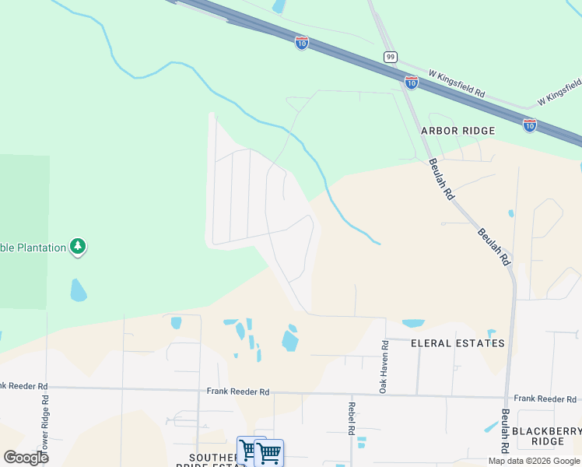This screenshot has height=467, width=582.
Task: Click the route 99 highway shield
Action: (391, 57)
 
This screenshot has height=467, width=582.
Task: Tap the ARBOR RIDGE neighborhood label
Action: (458, 131)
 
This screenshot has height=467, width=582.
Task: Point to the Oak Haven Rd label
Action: (384, 366)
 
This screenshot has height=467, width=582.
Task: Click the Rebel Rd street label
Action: (352, 419)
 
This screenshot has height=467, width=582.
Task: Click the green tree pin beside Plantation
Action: (77, 247)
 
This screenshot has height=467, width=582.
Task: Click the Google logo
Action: (26, 457)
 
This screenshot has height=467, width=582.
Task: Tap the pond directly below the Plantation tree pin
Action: (78, 290)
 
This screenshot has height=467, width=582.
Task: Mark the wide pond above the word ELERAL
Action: (412, 323)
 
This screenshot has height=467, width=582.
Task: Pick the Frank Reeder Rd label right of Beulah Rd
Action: (545, 399)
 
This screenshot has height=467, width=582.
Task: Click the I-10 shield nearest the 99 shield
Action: (412, 83)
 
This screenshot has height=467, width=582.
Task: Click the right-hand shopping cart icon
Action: (269, 452)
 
